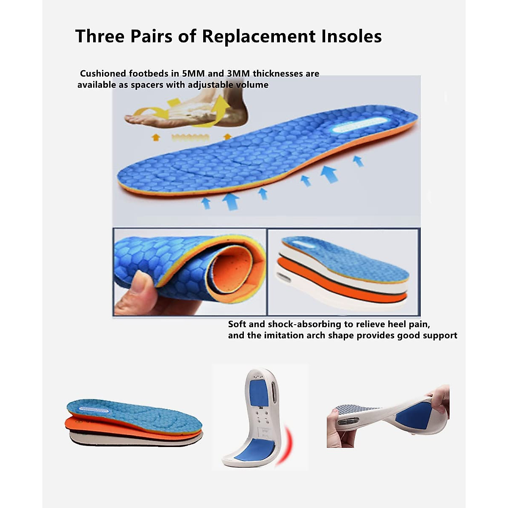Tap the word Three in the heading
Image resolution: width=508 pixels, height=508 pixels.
click(100, 36)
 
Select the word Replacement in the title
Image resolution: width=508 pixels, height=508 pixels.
click(259, 36)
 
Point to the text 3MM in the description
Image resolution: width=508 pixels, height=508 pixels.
click(235, 74)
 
